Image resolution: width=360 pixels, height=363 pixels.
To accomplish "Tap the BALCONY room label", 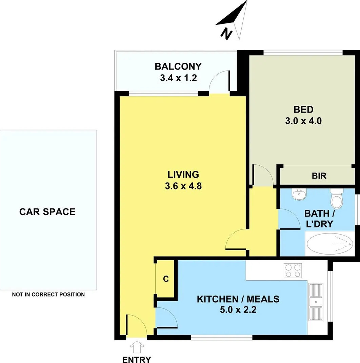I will tap(178, 66).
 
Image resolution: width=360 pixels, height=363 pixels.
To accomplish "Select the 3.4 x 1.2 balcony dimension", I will tap(178, 78).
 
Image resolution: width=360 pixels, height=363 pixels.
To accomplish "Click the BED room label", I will tap(303, 109).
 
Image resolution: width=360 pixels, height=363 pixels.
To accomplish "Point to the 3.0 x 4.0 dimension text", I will tap(303, 121).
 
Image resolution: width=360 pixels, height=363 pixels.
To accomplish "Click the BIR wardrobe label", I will tap(319, 176).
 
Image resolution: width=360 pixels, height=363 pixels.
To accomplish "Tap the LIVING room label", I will tap(183, 175).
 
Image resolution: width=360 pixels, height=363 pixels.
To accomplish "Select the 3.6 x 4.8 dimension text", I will tap(183, 186).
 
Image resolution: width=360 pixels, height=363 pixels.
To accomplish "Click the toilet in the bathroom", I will tap(337, 200).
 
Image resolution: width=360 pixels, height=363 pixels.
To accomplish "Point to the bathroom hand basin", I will tap(299, 195).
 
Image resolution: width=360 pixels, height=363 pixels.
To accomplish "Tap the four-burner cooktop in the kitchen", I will tap(293, 270).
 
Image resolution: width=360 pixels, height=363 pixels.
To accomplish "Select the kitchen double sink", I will tap(316, 301).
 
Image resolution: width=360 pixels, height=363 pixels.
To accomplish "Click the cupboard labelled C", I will tap(166, 279).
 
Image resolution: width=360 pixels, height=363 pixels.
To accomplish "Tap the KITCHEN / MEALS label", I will tap(238, 299).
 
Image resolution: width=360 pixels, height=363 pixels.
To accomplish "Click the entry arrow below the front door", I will tap(137, 348).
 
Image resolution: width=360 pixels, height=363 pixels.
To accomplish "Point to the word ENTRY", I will tap(137, 360).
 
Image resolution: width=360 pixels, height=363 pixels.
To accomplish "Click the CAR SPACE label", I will tap(47, 212).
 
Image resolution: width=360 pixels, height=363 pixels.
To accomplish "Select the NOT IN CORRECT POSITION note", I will tap(48, 295).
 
